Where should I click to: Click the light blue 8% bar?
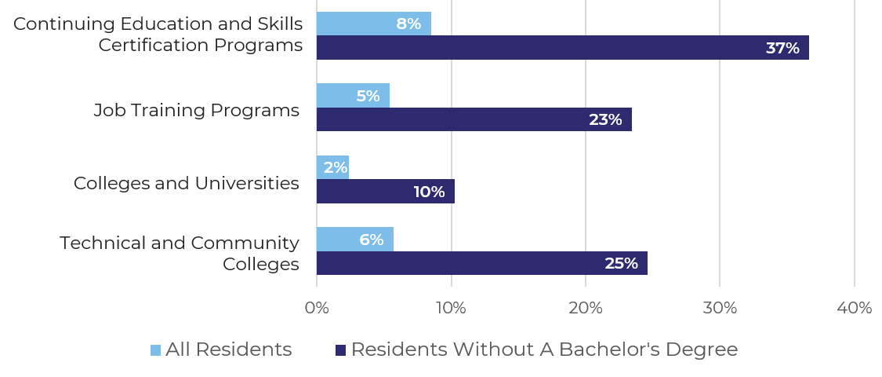373,24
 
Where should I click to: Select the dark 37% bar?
562,48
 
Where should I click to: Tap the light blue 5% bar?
353,96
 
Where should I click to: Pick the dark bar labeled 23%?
474,119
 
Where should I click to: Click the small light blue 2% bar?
332,167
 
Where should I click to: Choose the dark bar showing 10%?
385,192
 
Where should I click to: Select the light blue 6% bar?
354,240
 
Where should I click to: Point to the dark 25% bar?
481,263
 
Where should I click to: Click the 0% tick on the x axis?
317,308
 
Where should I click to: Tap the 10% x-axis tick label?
451,308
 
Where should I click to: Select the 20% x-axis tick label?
586,308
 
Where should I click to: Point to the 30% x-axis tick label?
720,308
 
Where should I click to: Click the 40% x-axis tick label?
854,308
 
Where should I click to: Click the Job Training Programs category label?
196,110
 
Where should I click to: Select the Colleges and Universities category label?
187,183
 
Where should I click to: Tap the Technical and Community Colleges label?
180,253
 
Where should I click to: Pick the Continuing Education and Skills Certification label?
159,35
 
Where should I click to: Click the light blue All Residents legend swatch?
155,350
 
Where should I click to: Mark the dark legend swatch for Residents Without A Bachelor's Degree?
341,350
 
